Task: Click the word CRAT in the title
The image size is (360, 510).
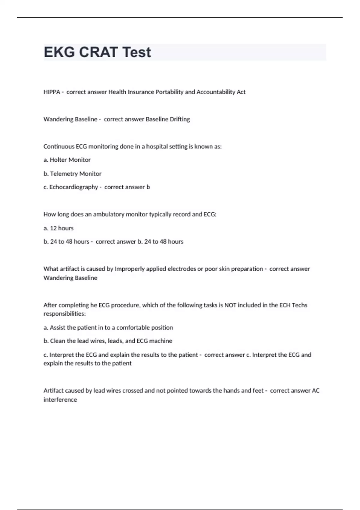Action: pos(98,52)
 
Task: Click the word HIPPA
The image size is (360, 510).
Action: pos(52,92)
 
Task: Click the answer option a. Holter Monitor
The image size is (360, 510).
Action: pos(67,160)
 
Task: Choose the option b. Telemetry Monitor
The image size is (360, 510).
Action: pos(72,174)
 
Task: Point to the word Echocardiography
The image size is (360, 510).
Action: pos(73,187)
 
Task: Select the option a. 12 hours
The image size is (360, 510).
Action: pos(58,228)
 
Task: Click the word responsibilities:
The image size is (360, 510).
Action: pos(64,314)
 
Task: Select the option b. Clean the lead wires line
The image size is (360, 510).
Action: pos(108,341)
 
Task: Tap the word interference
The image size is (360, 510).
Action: pos(60,400)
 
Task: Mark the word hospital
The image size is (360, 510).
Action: pos(157,147)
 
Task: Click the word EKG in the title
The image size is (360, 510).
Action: pos(59,52)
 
